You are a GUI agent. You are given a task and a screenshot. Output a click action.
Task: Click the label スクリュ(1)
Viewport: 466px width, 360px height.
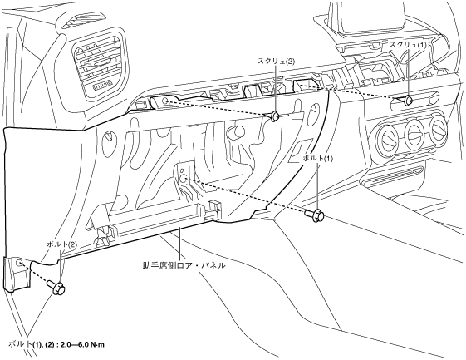(x=408, y=45)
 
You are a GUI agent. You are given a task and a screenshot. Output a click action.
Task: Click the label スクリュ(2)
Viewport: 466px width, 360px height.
(x=276, y=62)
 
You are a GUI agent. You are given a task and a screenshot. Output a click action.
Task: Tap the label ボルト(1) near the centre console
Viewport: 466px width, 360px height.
(x=317, y=159)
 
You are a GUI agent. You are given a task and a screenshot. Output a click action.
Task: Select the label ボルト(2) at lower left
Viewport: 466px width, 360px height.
(x=61, y=244)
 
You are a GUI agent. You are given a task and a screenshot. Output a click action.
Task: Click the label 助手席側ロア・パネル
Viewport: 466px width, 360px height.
(x=184, y=265)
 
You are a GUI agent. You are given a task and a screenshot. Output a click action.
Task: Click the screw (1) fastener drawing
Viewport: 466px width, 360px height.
(x=406, y=101)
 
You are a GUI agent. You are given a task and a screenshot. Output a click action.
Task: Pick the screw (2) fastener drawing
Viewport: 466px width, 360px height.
(x=274, y=116)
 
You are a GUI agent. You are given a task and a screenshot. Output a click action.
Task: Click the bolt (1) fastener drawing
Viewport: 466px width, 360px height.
(x=315, y=215)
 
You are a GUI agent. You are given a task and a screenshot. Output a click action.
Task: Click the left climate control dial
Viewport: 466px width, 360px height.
(x=386, y=137)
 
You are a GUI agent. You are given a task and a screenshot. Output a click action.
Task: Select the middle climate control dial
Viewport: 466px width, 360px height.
(x=414, y=132)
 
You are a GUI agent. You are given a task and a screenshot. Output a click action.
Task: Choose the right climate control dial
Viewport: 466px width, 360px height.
(x=439, y=129)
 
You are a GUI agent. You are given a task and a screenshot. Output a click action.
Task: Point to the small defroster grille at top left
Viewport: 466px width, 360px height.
(x=74, y=23)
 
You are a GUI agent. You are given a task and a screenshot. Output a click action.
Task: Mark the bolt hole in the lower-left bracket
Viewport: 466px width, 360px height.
(x=19, y=263)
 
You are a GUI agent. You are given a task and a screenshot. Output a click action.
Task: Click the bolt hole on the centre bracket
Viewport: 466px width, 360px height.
(x=184, y=179)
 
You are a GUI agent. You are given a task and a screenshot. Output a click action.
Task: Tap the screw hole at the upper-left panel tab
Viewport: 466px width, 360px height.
(x=166, y=101)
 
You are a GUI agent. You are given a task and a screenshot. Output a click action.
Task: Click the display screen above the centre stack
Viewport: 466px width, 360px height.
(x=374, y=17)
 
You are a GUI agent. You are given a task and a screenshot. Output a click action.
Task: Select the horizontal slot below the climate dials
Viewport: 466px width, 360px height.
(x=392, y=175)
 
